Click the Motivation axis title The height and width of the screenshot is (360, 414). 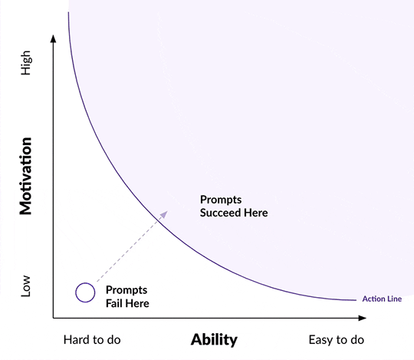[25, 176]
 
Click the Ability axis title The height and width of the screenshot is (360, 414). [214, 339]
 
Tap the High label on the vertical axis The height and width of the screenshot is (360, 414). [26, 63]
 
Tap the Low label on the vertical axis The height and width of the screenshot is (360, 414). [25, 286]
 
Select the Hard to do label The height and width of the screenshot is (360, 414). [92, 339]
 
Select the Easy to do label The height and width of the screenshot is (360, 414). [337, 339]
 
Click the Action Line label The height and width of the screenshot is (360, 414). [382, 299]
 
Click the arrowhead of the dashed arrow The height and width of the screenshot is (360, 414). [164, 214]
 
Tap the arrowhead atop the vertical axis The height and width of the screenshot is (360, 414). [54, 38]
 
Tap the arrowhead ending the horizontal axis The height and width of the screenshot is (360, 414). [362, 318]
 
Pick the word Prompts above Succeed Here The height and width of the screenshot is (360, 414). [221, 200]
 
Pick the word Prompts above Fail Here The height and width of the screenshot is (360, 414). [127, 290]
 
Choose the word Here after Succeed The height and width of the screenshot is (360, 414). [256, 213]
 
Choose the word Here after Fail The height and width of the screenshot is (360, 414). [137, 303]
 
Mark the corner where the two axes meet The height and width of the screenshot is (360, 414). [54, 318]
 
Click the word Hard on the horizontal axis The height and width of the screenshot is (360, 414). [76, 339]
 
